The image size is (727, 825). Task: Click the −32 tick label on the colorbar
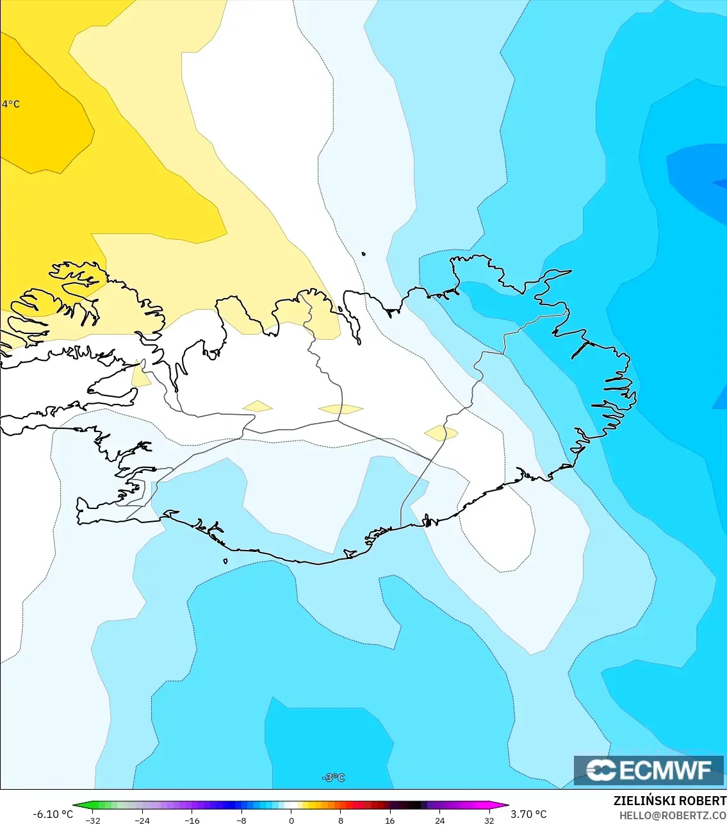[93, 821]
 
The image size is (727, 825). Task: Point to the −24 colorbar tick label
[142, 821]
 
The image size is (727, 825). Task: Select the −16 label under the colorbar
[192, 821]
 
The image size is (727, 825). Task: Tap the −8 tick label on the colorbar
[241, 821]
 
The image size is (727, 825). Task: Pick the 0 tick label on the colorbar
[291, 821]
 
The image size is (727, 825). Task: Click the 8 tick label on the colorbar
[341, 821]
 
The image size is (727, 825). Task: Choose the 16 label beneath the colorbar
[390, 821]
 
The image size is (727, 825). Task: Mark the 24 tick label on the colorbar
[439, 821]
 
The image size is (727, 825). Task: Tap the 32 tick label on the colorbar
[489, 821]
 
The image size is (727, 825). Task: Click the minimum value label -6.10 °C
[53, 814]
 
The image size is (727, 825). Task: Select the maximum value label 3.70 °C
[528, 814]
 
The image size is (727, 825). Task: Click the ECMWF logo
[649, 770]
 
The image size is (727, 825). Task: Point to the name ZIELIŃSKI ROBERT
[669, 801]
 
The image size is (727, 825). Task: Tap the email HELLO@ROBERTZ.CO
[673, 815]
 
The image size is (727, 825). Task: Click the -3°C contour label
[334, 778]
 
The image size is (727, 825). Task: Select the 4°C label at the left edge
[11, 104]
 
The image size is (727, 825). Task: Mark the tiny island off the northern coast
[364, 254]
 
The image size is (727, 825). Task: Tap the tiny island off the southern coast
[225, 562]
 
